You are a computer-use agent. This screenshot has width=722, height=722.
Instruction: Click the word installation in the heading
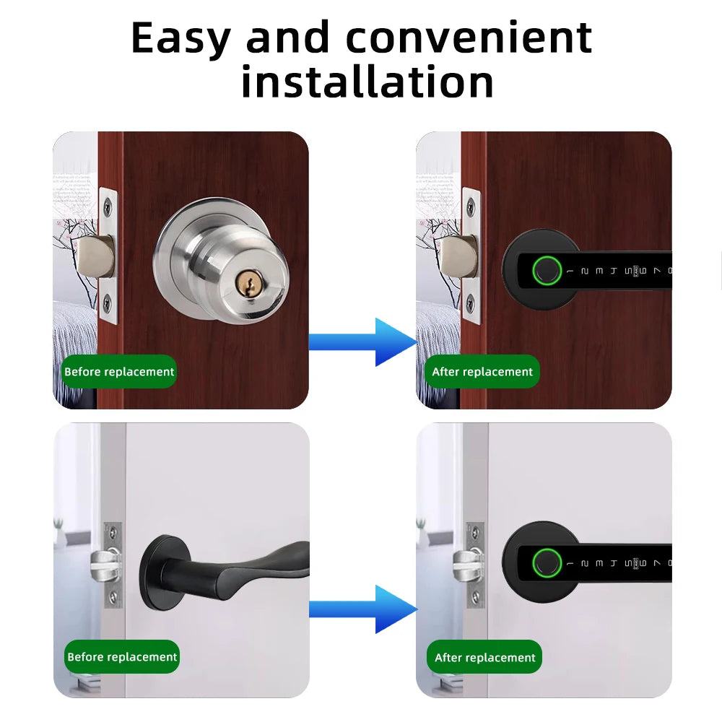coord(367,81)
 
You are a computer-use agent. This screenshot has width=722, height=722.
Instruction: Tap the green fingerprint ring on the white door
coord(545,564)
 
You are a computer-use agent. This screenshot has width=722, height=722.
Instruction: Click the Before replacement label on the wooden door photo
coord(119,372)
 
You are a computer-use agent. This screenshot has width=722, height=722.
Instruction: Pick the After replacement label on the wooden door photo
coord(482,372)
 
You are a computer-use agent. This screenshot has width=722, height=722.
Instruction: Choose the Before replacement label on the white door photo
coord(122,657)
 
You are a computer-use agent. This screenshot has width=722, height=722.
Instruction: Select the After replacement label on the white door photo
coord(485,658)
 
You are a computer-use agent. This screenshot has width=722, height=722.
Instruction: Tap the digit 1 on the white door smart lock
coord(570,563)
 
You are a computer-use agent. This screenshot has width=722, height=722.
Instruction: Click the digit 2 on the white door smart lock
coord(584,563)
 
